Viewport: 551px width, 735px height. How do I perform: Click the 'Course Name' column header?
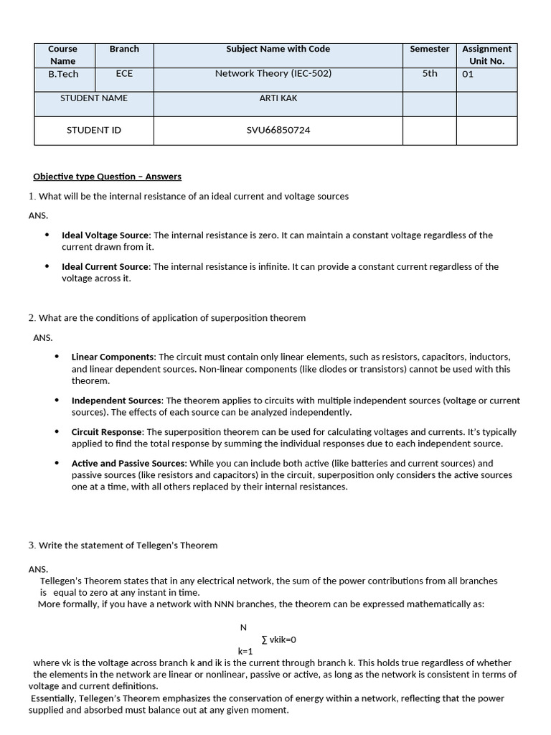coord(62,55)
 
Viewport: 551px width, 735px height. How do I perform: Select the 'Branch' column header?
coord(124,49)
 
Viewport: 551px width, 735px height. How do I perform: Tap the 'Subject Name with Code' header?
coord(278,49)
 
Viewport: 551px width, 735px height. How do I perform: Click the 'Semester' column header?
coord(430,49)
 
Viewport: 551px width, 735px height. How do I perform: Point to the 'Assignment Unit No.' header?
coord(487,55)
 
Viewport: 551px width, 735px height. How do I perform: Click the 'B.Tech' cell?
coord(63,73)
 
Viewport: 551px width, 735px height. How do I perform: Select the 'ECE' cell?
coord(124,73)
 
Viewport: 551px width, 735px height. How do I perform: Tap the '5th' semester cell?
coord(430,73)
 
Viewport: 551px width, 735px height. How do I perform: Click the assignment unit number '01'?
coord(468,74)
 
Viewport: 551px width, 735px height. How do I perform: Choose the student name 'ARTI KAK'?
coord(278,98)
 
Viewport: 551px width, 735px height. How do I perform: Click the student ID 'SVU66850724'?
coord(278,130)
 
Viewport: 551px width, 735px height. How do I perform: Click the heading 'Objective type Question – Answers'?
coord(108,177)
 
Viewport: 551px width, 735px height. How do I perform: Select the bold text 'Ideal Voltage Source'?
coord(105,235)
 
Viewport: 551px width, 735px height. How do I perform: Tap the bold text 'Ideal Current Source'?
coord(105,267)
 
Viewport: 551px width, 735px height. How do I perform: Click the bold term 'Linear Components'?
coord(113,357)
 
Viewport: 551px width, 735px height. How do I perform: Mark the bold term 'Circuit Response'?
coord(107,432)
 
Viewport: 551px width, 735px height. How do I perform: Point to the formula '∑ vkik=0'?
coord(279,640)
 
